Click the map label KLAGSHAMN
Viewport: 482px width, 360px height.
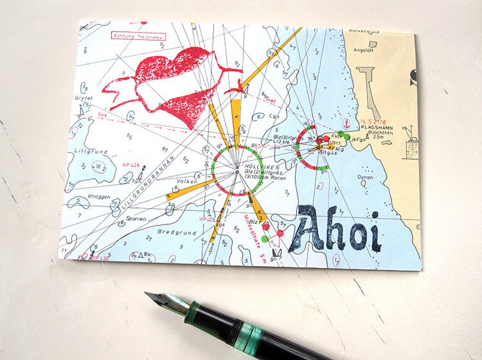tap(376, 127)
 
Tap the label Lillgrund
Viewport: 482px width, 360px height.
tap(91, 152)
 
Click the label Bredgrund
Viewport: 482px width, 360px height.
tap(177, 232)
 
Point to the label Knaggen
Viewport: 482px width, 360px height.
tap(98, 197)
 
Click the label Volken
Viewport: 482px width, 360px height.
tap(187, 181)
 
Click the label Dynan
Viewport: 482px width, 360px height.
tap(365, 177)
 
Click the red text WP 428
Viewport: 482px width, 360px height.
tap(131, 165)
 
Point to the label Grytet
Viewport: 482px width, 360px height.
tap(83, 98)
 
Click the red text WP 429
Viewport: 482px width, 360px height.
tap(207, 219)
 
